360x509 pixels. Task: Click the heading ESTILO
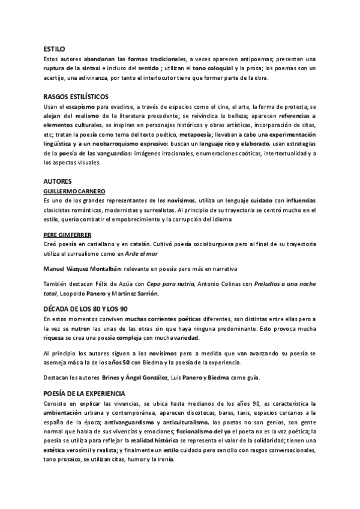pyautogui.click(x=54, y=49)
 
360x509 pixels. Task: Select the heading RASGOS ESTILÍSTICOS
pyautogui.click(x=76, y=97)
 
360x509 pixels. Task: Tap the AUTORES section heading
pyautogui.click(x=58, y=181)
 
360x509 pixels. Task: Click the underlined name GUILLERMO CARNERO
pyautogui.click(x=75, y=191)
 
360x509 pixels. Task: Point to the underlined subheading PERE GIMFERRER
pyautogui.click(x=69, y=234)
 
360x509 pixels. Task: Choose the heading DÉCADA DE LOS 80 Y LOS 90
pyautogui.click(x=86, y=308)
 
